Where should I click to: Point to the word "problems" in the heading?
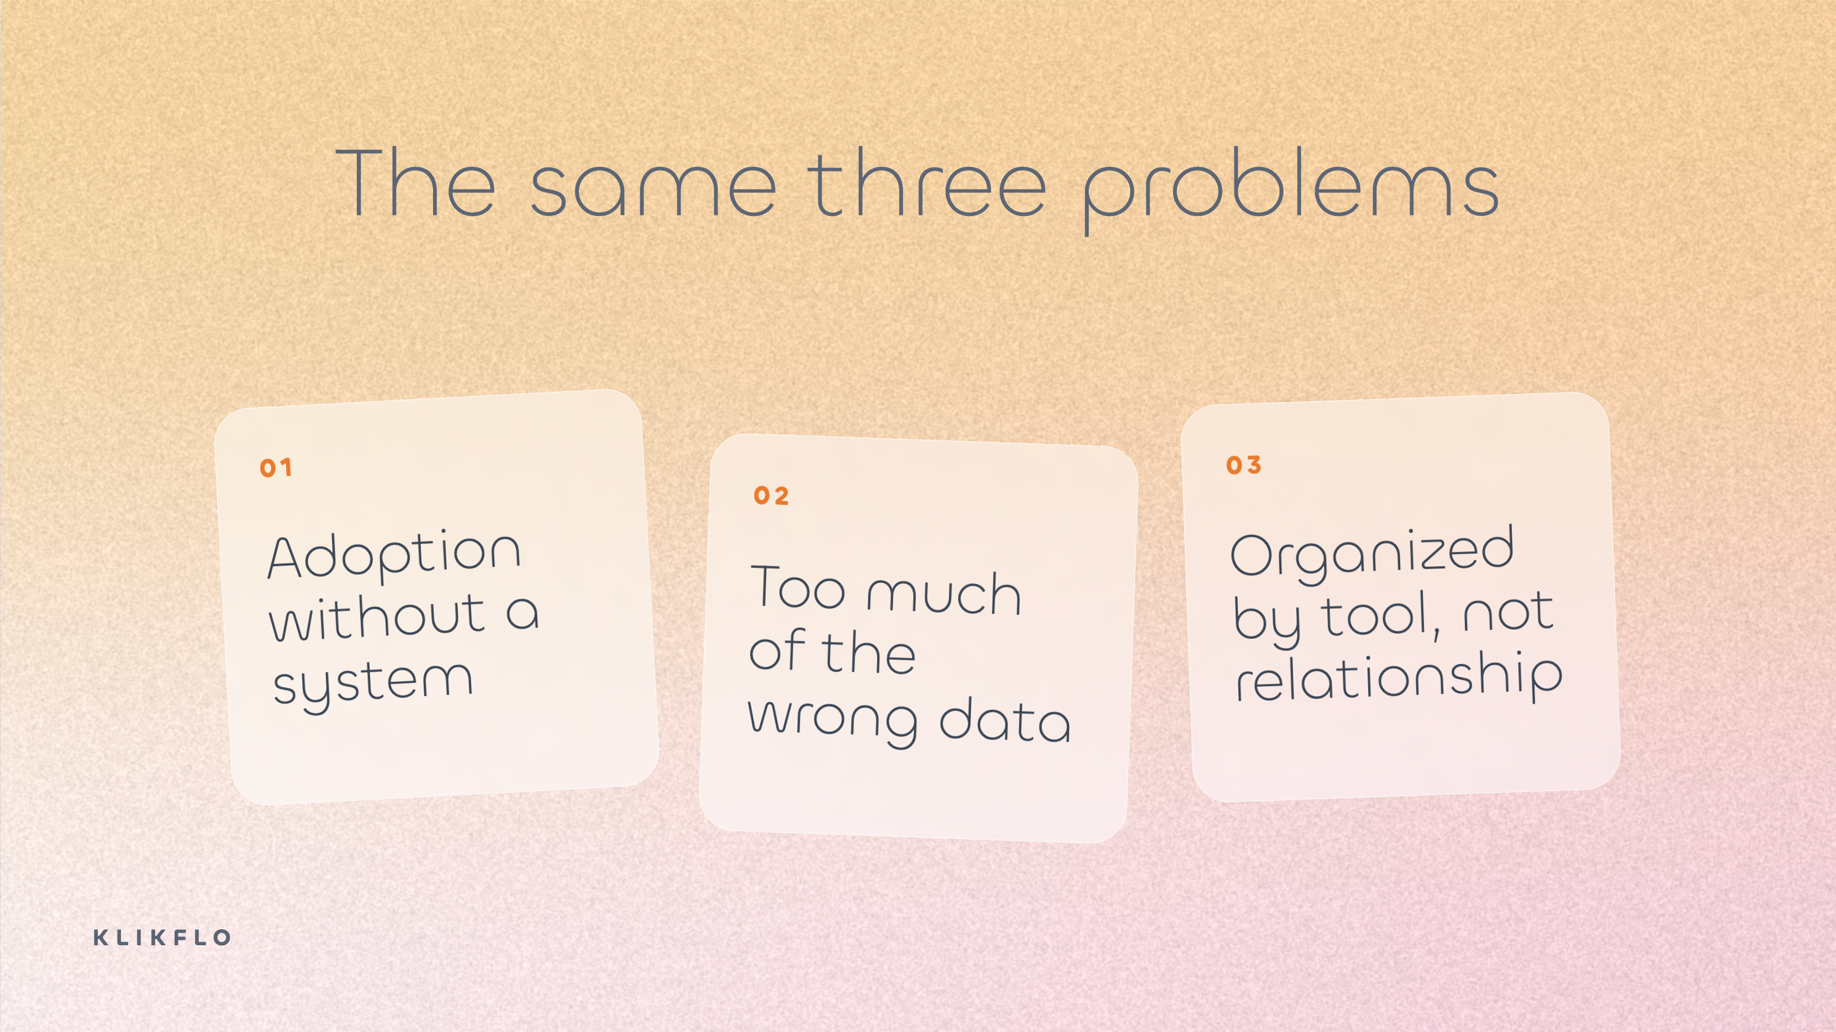(x=1290, y=189)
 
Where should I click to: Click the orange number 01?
(x=276, y=468)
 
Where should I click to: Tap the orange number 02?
(x=771, y=496)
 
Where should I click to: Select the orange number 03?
(x=1244, y=465)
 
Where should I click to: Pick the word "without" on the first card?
(x=378, y=618)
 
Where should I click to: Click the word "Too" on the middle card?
(x=798, y=587)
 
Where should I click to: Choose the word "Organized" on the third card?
(x=1372, y=555)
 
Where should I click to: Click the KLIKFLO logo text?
(x=162, y=937)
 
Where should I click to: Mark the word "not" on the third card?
(x=1507, y=612)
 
